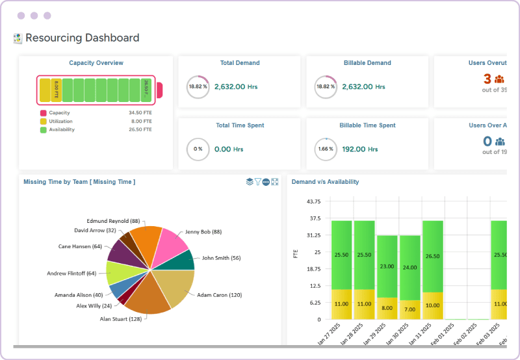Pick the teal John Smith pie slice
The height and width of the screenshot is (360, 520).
click(x=184, y=261)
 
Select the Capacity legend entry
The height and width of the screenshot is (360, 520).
click(x=59, y=112)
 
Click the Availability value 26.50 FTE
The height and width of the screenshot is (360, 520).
click(x=140, y=129)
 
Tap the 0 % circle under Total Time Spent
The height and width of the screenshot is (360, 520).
click(x=197, y=149)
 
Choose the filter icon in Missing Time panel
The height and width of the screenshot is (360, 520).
click(x=258, y=182)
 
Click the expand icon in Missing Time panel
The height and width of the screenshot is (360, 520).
click(x=275, y=182)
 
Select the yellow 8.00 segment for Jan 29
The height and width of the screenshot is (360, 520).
click(x=387, y=309)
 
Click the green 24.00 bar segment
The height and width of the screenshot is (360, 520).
click(x=409, y=267)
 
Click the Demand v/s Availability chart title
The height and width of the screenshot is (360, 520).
click(x=325, y=182)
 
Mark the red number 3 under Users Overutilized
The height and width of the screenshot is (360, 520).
click(x=487, y=79)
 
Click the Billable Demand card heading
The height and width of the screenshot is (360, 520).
click(x=367, y=63)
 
